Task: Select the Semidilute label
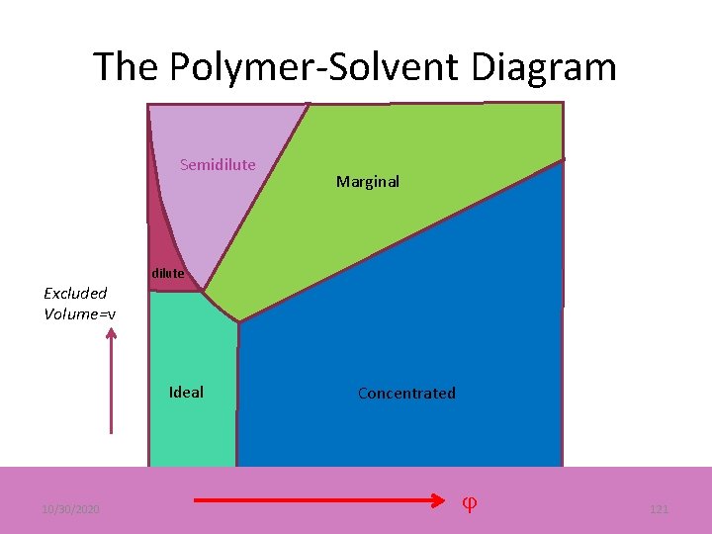pyautogui.click(x=218, y=165)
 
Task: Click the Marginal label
pyautogui.click(x=368, y=182)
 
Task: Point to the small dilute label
pyautogui.click(x=167, y=274)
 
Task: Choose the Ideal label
pyautogui.click(x=186, y=393)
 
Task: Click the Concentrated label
pyautogui.click(x=406, y=394)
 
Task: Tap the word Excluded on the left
pyautogui.click(x=75, y=293)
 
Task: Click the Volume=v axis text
pyautogui.click(x=79, y=314)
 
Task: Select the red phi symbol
pyautogui.click(x=471, y=502)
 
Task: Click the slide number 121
pyautogui.click(x=659, y=508)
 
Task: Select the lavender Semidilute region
pyautogui.click(x=227, y=208)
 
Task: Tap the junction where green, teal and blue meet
pyautogui.click(x=239, y=321)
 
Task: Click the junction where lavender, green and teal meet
pyautogui.click(x=204, y=291)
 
